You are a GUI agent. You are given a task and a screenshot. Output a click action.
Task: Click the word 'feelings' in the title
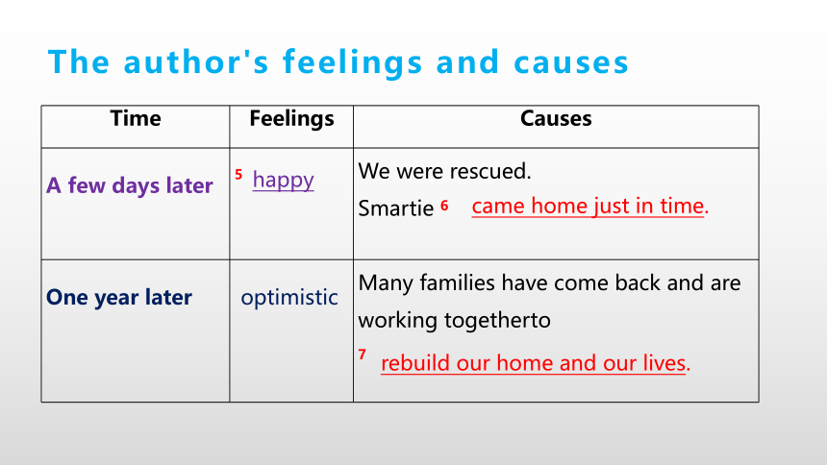[x=352, y=63]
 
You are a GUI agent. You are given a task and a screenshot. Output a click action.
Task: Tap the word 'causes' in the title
[x=571, y=62]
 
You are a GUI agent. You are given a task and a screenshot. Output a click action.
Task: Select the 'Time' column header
[x=136, y=118]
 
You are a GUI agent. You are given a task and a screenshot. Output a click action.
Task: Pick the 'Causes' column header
[x=556, y=118]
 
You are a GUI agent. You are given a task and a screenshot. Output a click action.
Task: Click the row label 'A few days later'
[x=130, y=185]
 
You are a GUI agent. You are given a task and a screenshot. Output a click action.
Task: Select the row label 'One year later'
[x=119, y=297]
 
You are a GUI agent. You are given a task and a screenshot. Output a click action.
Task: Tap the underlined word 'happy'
[x=284, y=181]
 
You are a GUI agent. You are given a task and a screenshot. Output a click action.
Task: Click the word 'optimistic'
[x=289, y=297]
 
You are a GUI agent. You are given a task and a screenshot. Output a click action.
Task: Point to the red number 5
[x=238, y=175]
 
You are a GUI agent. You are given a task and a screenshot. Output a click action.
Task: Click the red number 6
[x=444, y=206]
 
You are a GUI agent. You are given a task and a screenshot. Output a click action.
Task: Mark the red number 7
[x=362, y=355]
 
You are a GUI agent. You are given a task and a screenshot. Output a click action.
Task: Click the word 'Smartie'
[x=396, y=208]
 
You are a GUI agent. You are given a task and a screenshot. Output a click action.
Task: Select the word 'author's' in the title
[x=196, y=62]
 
